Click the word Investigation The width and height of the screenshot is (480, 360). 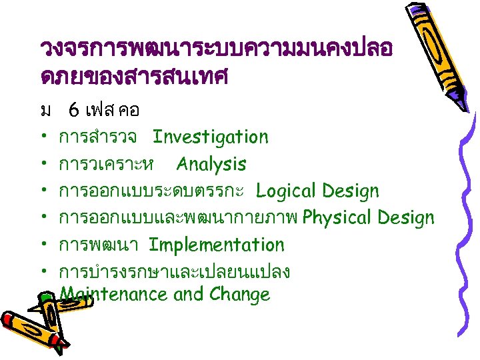tap(210, 137)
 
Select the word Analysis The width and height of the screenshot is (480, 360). tap(211, 164)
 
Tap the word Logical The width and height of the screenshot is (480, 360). tap(285, 191)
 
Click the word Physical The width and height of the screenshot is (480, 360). tap(335, 218)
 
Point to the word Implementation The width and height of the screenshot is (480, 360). tap(217, 245)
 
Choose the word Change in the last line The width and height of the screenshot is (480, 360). tap(240, 295)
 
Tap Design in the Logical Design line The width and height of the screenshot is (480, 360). tap(350, 191)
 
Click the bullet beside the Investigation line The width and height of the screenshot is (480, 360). tap(44, 138)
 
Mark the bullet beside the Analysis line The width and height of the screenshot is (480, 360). tap(44, 165)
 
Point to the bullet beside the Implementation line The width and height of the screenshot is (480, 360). tap(44, 245)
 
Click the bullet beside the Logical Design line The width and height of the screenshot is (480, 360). tap(44, 192)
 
